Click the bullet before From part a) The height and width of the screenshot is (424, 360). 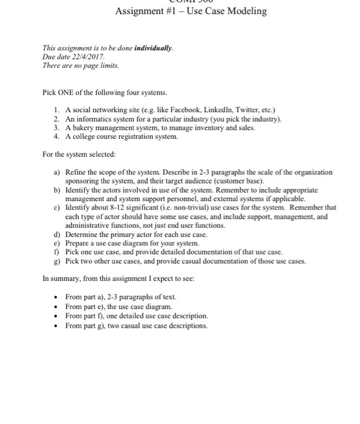tap(56, 297)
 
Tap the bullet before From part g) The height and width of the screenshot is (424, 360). tap(56, 326)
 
